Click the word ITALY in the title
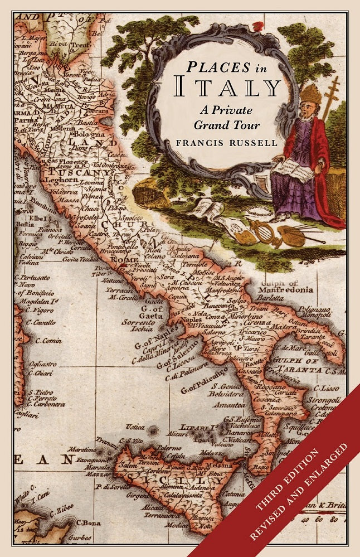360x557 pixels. point(229,88)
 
